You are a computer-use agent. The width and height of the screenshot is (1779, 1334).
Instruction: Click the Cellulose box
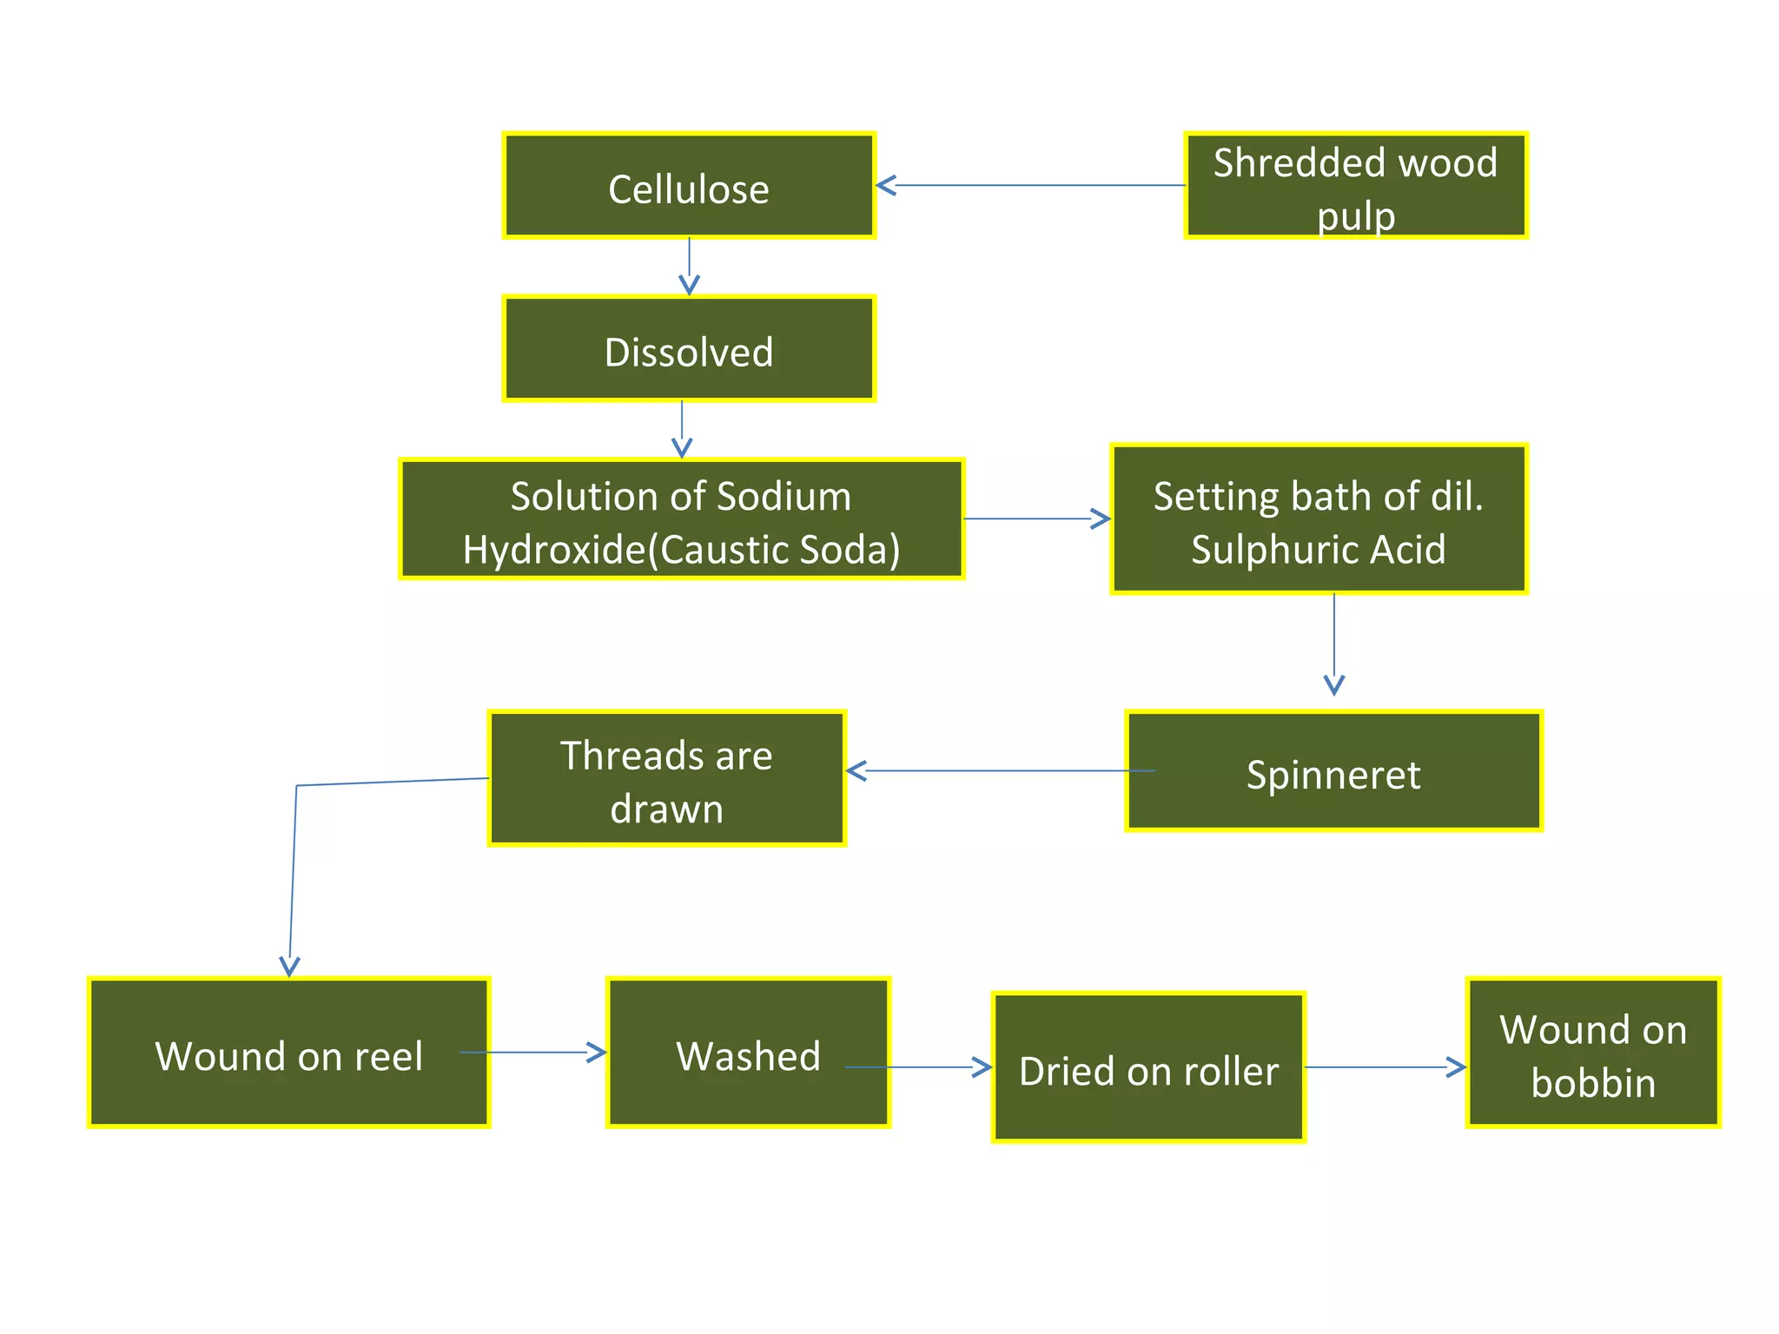pos(688,186)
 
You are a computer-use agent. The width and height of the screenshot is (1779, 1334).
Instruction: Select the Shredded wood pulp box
pos(1355,186)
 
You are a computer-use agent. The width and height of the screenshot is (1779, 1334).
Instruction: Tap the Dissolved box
pos(688,349)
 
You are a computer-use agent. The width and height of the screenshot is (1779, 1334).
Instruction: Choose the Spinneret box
pos(1333,772)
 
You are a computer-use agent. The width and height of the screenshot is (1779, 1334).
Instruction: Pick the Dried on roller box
pos(1148,1068)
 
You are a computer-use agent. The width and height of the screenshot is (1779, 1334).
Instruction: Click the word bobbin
pos(1593,1084)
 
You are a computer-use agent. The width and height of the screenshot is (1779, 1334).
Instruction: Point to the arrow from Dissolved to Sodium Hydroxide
pos(682,430)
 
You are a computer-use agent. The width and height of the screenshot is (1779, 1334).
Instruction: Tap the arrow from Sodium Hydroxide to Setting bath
pos(1035,518)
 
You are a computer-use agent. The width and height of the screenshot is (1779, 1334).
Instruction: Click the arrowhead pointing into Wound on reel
pos(289,965)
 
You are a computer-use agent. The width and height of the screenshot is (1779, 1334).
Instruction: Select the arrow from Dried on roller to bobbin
pos(1385,1067)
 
